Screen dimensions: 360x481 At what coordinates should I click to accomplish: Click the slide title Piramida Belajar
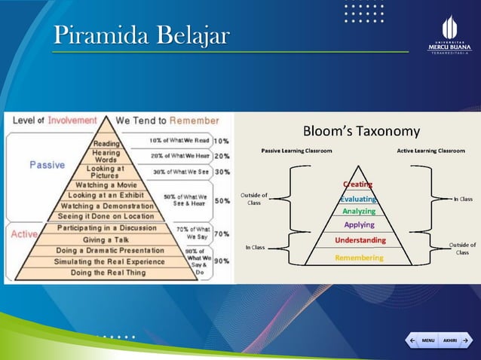coord(141,35)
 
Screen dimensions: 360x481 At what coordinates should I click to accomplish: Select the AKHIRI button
coord(454,340)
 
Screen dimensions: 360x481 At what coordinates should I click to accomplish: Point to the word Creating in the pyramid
coord(357,184)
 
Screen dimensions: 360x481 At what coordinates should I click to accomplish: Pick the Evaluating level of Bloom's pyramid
coord(358,199)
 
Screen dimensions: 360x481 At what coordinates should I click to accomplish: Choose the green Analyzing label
coord(358,212)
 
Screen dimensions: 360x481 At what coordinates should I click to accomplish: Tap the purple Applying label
coord(359,224)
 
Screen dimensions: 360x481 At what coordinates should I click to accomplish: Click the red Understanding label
coord(360,240)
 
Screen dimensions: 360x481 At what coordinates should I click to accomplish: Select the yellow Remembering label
coord(359,257)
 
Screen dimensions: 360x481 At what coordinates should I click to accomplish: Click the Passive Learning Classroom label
coord(296,151)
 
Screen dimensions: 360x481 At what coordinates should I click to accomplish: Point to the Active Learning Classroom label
coord(430,151)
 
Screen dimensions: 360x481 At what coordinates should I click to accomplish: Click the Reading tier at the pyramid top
coord(106,143)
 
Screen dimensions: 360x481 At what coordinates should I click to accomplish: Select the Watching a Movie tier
coord(106,185)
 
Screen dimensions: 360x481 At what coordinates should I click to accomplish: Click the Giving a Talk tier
coord(106,239)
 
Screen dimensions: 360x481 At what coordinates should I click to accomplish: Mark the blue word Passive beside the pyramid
coord(47,165)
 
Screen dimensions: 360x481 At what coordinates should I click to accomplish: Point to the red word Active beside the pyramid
coord(24,233)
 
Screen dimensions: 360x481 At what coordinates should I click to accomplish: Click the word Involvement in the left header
coord(72,121)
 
